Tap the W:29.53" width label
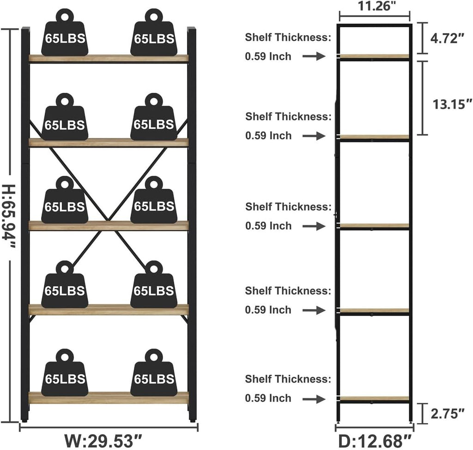[x=103, y=441]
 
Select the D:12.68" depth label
[x=375, y=441]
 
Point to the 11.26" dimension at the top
[x=377, y=6]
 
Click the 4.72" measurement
[x=447, y=38]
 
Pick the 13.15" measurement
[x=452, y=104]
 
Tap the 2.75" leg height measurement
[x=447, y=414]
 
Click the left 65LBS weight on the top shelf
[x=65, y=33]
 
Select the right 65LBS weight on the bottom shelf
[x=154, y=373]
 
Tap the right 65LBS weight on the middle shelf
[x=154, y=200]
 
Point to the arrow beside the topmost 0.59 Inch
[x=314, y=56]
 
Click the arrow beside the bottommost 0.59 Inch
[x=314, y=399]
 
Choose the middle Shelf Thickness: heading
[x=288, y=207]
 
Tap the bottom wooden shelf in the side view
[x=374, y=398]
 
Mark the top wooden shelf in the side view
[x=374, y=56]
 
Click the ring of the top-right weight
[x=154, y=16]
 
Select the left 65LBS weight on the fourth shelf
[x=65, y=284]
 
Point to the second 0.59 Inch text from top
[x=268, y=136]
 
